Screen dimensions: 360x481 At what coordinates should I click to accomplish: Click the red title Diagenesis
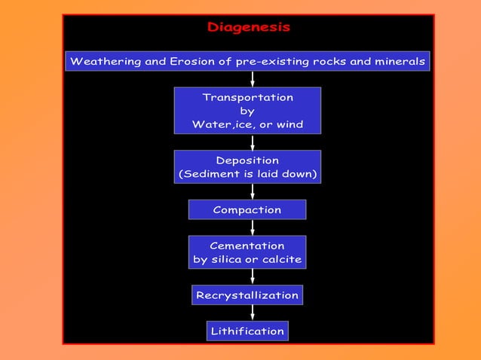point(248,27)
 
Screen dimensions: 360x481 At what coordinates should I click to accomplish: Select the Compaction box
point(247,209)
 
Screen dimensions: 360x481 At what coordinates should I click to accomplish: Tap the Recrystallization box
point(247,295)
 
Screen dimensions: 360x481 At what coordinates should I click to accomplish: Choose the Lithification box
point(247,331)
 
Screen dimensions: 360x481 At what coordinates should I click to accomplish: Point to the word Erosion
point(192,61)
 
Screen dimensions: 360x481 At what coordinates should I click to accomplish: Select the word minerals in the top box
point(399,61)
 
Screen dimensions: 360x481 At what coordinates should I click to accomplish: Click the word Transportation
point(247,97)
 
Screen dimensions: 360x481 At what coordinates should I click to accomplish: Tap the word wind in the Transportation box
point(287,124)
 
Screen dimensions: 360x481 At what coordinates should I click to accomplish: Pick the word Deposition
point(247,160)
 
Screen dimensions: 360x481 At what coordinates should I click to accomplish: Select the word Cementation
point(247,246)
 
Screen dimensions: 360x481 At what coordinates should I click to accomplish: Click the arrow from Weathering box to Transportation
point(253,79)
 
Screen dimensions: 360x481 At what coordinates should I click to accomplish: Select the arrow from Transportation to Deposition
point(253,142)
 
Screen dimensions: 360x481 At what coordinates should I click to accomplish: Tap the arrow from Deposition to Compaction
point(253,191)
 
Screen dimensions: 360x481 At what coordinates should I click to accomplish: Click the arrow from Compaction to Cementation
point(253,227)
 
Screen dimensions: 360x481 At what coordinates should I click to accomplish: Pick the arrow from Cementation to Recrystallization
point(253,276)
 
